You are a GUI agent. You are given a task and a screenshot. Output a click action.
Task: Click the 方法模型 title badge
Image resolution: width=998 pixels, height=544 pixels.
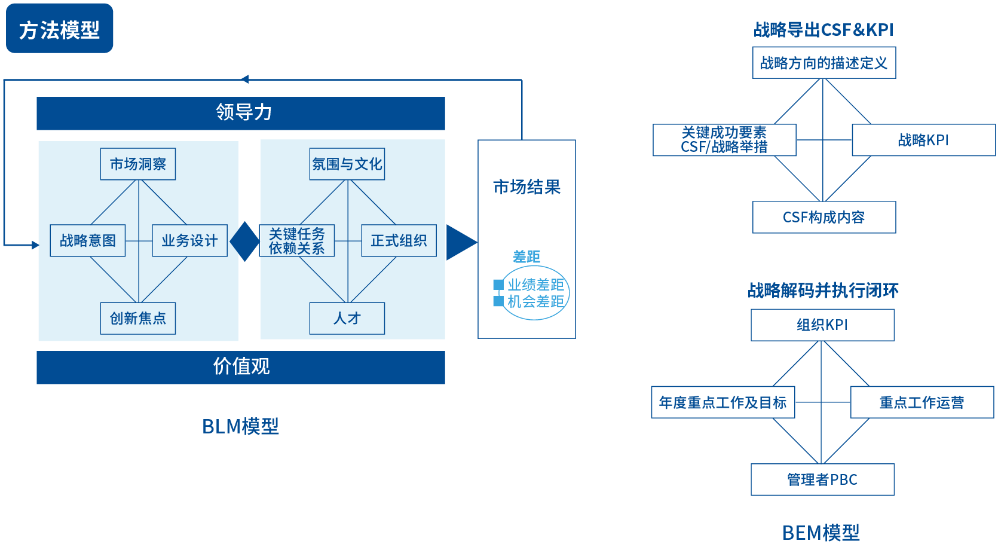pyautogui.click(x=59, y=29)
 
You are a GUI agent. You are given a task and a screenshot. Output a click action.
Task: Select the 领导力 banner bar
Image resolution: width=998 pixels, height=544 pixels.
pyautogui.click(x=240, y=113)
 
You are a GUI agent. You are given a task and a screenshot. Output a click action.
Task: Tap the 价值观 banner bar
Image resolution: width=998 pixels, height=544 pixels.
pyautogui.click(x=240, y=366)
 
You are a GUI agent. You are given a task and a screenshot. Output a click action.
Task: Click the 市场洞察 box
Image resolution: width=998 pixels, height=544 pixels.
pyautogui.click(x=137, y=164)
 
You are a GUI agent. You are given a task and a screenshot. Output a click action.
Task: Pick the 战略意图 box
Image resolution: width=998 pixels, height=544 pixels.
pyautogui.click(x=87, y=240)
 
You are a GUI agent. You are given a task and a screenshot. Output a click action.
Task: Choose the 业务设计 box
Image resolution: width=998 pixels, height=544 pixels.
pyautogui.click(x=189, y=240)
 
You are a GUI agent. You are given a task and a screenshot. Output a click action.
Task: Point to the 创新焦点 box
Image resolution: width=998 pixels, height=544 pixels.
pyautogui.click(x=137, y=318)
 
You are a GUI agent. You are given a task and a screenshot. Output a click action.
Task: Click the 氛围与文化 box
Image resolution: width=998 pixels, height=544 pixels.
pyautogui.click(x=347, y=164)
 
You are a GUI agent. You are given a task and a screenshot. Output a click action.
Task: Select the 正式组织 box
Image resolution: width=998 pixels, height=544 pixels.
pyautogui.click(x=399, y=240)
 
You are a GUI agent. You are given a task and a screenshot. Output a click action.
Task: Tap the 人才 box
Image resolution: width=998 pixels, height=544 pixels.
pyautogui.click(x=347, y=318)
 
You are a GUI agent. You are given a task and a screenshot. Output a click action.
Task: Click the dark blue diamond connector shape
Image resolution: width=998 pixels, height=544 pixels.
pyautogui.click(x=244, y=242)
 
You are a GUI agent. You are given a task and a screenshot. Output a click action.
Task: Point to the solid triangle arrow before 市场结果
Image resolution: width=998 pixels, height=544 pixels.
pyautogui.click(x=460, y=242)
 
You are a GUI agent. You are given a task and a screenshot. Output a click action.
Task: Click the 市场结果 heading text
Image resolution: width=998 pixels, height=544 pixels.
pyautogui.click(x=526, y=187)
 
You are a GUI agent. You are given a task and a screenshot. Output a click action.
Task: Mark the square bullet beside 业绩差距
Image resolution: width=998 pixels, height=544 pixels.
pyautogui.click(x=498, y=285)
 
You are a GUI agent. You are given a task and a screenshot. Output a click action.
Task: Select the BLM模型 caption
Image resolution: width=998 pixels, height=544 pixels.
pyautogui.click(x=240, y=426)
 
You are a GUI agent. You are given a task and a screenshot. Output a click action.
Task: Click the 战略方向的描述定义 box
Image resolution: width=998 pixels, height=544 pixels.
pyautogui.click(x=823, y=63)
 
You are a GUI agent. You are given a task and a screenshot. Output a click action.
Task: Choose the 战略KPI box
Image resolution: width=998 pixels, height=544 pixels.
pyautogui.click(x=923, y=140)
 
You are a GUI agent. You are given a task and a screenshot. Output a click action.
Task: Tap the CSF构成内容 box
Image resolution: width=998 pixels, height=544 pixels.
pyautogui.click(x=823, y=217)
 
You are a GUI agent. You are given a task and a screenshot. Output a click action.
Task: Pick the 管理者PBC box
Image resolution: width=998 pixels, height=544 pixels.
pyautogui.click(x=822, y=479)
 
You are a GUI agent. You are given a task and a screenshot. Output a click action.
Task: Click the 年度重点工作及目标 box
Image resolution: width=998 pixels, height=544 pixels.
pyautogui.click(x=723, y=402)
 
